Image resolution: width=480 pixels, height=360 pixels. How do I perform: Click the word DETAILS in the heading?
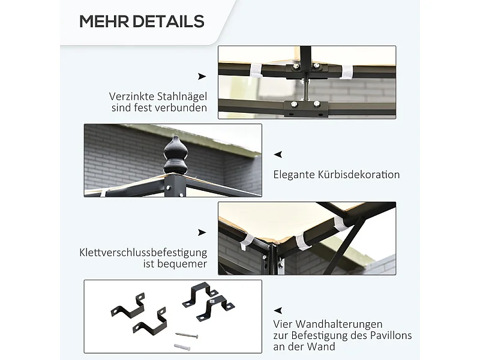point(169,22)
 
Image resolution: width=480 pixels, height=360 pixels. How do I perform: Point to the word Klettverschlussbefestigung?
point(143,253)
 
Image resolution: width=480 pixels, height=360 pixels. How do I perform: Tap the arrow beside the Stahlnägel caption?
point(202,76)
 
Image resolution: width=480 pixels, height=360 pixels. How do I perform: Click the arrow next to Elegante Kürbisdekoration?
point(278,155)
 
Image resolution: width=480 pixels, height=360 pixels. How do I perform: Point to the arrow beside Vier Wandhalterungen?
point(278,311)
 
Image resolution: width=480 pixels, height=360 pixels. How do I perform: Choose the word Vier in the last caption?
point(283,324)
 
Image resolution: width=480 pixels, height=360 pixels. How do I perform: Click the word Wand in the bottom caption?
point(322,347)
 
